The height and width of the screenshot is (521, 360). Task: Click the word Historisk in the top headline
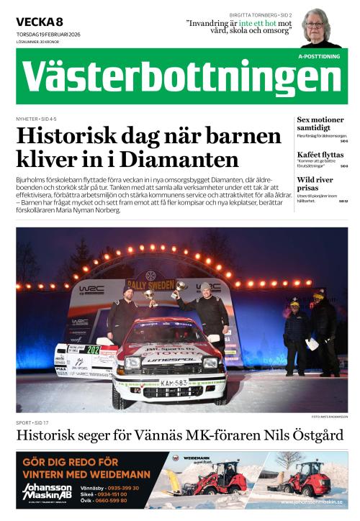[x=70, y=136]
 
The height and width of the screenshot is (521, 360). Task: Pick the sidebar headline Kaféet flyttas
[x=320, y=155]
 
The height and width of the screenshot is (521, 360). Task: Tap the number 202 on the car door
[x=93, y=350]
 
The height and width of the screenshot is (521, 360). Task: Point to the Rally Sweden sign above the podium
[x=150, y=284]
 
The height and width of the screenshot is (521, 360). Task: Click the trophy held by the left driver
[x=150, y=296]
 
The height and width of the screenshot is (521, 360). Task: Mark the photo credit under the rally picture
[x=329, y=417]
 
